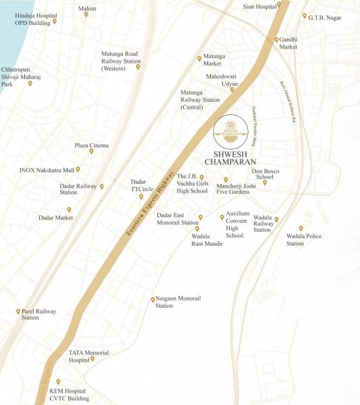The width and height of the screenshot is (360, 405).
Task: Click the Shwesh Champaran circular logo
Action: click(x=228, y=131)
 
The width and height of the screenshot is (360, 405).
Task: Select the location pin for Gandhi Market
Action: click(x=277, y=39)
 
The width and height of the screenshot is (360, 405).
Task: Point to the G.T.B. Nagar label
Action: click(x=323, y=18)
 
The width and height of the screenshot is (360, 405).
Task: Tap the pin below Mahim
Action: click(x=86, y=14)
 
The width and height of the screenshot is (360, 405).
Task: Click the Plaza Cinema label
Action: click(x=91, y=145)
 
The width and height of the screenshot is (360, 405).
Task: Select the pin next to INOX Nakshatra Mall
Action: click(x=78, y=169)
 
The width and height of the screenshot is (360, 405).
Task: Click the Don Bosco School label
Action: click(x=264, y=173)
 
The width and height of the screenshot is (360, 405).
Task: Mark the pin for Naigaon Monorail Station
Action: click(x=153, y=299)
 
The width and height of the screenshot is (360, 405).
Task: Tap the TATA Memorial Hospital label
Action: click(x=88, y=356)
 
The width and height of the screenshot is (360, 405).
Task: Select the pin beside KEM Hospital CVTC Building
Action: click(x=58, y=382)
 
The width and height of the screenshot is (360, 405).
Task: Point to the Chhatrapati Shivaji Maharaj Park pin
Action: click(x=30, y=84)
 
